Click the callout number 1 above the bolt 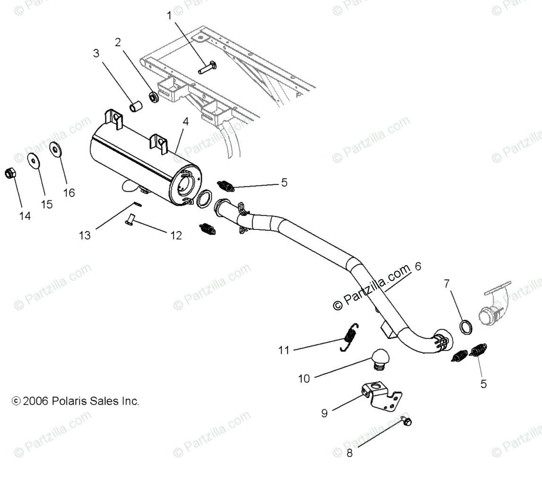[169, 16]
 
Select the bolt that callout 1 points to [206, 67]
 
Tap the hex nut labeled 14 [9, 173]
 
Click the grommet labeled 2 [154, 97]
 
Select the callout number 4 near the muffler [186, 121]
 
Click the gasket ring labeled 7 [466, 326]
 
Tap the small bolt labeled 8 [405, 420]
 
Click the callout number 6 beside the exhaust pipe [417, 267]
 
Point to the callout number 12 [176, 236]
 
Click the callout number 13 [85, 235]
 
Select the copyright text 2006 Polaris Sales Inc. [76, 401]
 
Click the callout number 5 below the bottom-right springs [483, 384]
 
